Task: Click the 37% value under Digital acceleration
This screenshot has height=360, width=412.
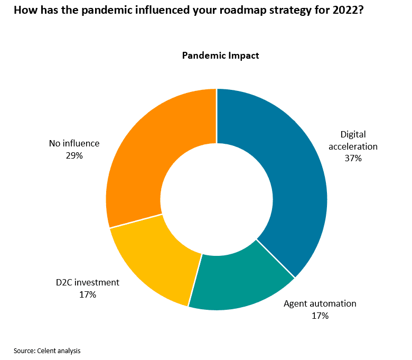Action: [x=353, y=158]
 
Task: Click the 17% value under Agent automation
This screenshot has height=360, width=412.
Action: [x=320, y=316]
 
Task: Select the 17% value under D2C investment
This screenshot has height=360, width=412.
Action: [x=87, y=294]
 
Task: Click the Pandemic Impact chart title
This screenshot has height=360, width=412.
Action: [x=220, y=56]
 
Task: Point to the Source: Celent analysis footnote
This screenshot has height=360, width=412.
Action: [x=47, y=350]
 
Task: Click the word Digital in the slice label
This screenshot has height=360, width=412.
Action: [x=353, y=134]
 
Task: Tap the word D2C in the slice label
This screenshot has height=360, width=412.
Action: [x=64, y=282]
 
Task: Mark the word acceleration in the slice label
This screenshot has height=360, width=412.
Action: [x=353, y=146]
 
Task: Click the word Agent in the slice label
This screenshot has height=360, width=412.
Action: [x=295, y=303]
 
